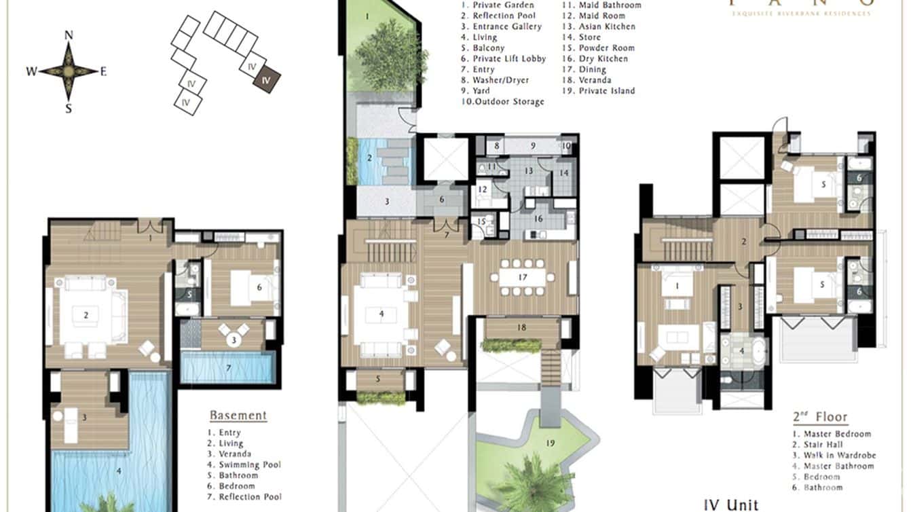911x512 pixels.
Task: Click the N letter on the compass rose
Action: click(x=69, y=35)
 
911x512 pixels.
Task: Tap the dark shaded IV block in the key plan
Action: click(x=266, y=79)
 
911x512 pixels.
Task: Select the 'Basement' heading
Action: click(x=238, y=416)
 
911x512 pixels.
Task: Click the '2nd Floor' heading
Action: click(x=820, y=417)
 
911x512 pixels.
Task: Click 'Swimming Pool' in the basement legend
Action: click(x=248, y=465)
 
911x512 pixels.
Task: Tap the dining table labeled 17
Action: click(x=523, y=277)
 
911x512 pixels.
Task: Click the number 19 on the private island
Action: click(x=551, y=443)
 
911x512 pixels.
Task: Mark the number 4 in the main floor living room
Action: click(x=382, y=314)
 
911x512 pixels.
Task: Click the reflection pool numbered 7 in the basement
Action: click(x=228, y=367)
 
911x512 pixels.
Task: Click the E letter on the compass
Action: click(x=103, y=72)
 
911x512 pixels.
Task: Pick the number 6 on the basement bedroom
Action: click(x=259, y=287)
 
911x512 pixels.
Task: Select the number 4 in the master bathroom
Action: click(x=741, y=350)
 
